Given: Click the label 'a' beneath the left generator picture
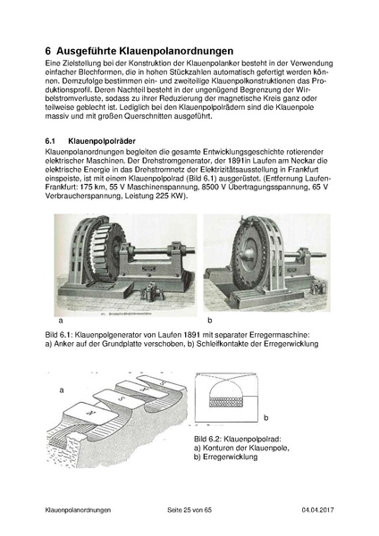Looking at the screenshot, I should (60, 319).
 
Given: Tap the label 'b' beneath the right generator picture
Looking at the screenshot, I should (208, 319).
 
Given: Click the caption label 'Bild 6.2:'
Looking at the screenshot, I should (213, 440).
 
